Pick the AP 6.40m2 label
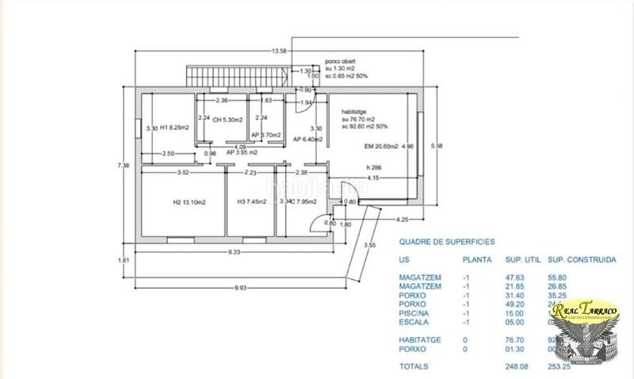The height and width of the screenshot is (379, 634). click(309, 140)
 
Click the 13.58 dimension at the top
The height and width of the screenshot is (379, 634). click(278, 52)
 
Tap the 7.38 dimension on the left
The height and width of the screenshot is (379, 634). click(122, 165)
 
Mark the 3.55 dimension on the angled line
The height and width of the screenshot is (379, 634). click(369, 245)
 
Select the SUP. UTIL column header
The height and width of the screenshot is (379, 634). click(523, 259)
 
